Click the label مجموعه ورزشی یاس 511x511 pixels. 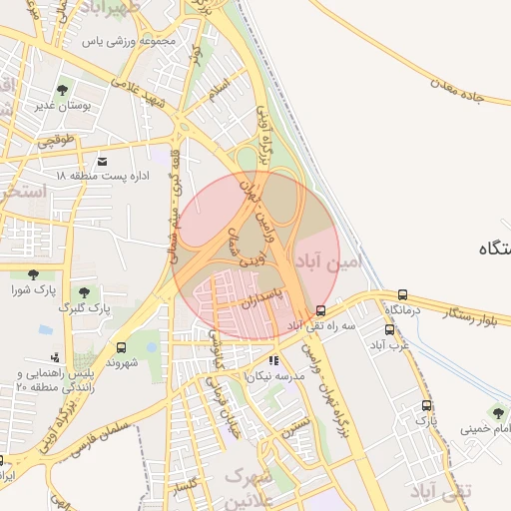point(131,42)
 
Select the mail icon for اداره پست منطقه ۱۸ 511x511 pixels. point(102,161)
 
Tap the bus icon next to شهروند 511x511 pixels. point(121,347)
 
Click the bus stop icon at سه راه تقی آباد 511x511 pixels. point(320,310)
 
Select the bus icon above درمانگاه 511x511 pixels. point(402,294)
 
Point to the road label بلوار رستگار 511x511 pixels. point(468,319)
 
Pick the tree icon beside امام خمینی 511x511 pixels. point(496,413)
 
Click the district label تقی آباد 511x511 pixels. point(445,491)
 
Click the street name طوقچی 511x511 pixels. point(57,143)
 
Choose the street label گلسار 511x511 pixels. point(190,487)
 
